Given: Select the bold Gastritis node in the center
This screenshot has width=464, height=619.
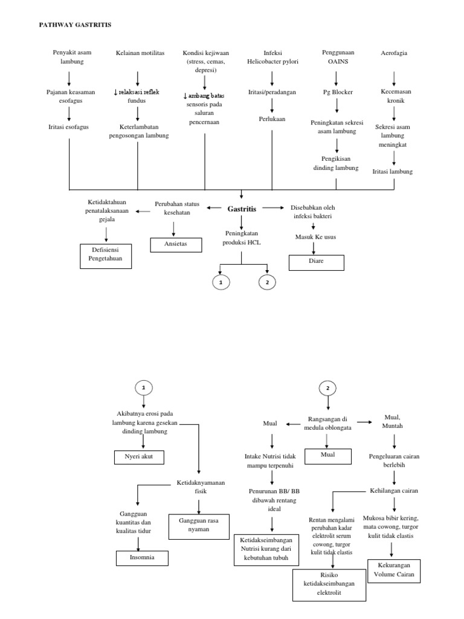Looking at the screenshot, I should coord(242,209).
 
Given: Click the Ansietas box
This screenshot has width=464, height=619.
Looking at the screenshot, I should coord(175,244).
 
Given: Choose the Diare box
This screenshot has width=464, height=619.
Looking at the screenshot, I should coord(317,262).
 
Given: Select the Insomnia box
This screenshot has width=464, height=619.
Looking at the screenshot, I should coord(141,557).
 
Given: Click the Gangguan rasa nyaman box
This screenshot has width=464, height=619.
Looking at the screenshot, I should coord(197,524).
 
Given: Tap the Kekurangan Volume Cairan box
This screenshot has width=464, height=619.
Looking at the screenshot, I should coord(393,571).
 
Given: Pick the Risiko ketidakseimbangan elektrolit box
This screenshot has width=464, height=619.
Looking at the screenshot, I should coord(329,585).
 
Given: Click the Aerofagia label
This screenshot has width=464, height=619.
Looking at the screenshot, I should coord(394,53).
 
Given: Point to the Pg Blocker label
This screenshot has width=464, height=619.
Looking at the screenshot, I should coord(338,92).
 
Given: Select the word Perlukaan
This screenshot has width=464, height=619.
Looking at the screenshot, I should coord(272,119).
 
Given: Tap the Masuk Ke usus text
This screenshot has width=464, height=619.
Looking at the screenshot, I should coord(315,237).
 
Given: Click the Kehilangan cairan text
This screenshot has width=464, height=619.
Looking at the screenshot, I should coord(394,490).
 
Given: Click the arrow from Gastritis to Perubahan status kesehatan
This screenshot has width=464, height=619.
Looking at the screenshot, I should coord(214,208).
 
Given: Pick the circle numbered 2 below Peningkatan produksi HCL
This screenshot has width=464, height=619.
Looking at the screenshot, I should coord(266,282).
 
